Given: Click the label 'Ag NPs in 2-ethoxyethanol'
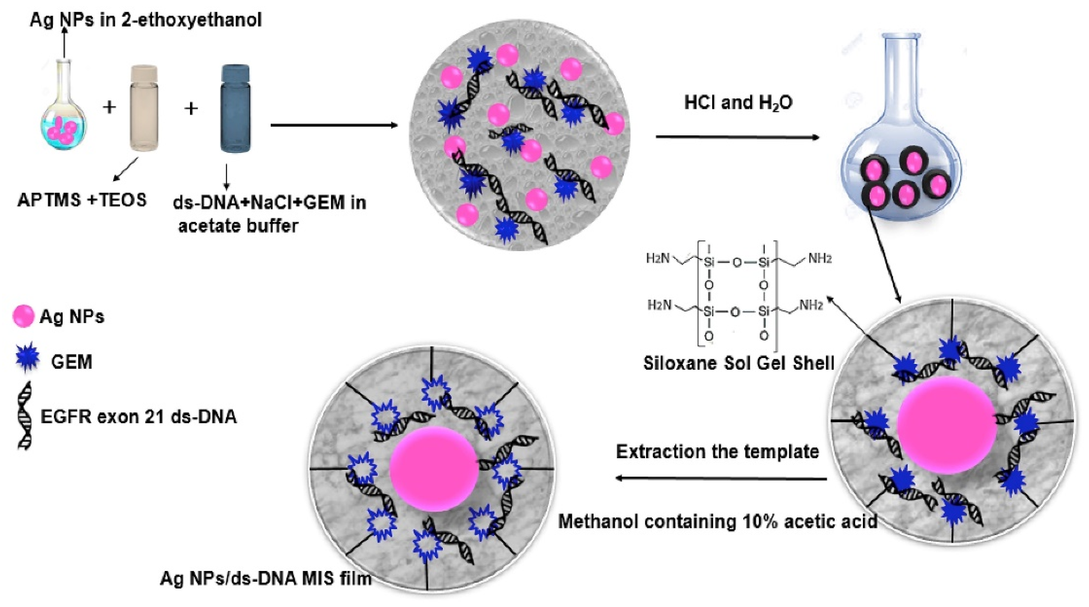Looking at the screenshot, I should [x=146, y=20].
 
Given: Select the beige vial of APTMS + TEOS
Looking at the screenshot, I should [x=144, y=108].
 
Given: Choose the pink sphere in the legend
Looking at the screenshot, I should [x=23, y=316].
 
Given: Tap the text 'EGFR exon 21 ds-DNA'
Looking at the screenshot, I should [x=139, y=417].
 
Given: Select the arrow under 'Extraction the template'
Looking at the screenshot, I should [x=721, y=478].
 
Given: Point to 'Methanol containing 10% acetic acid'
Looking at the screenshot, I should [x=718, y=521].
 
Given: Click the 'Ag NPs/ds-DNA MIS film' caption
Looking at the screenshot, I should [x=265, y=578].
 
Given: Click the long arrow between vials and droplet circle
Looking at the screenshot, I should [x=334, y=125].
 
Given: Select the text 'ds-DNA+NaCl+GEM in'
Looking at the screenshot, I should [x=269, y=203].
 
